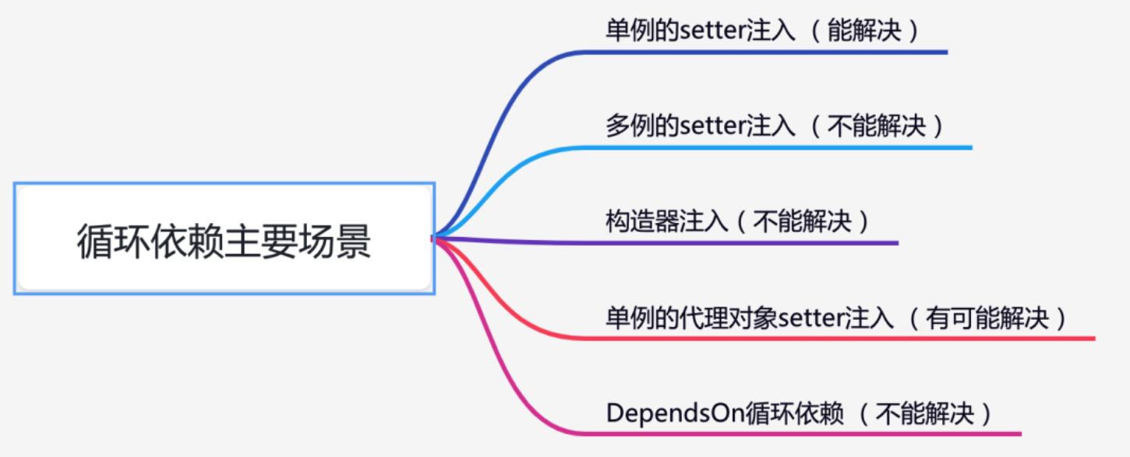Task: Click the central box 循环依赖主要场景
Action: (x=224, y=239)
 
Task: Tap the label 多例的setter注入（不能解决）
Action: (x=775, y=126)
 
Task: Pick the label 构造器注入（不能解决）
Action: (x=737, y=221)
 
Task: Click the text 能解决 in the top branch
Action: (x=864, y=30)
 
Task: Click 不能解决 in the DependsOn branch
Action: (x=927, y=413)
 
